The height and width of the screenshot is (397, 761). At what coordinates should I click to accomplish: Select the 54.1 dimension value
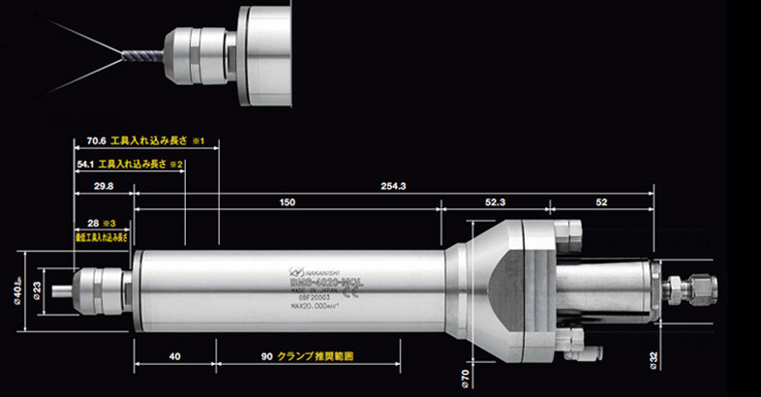87,165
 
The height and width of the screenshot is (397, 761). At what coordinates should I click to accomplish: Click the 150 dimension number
287,202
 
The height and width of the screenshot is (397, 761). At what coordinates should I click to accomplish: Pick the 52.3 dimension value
495,202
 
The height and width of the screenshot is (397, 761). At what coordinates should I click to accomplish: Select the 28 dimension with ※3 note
94,223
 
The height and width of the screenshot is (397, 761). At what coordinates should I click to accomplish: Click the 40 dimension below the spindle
173,356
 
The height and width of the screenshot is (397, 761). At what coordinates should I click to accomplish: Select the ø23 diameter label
38,289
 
